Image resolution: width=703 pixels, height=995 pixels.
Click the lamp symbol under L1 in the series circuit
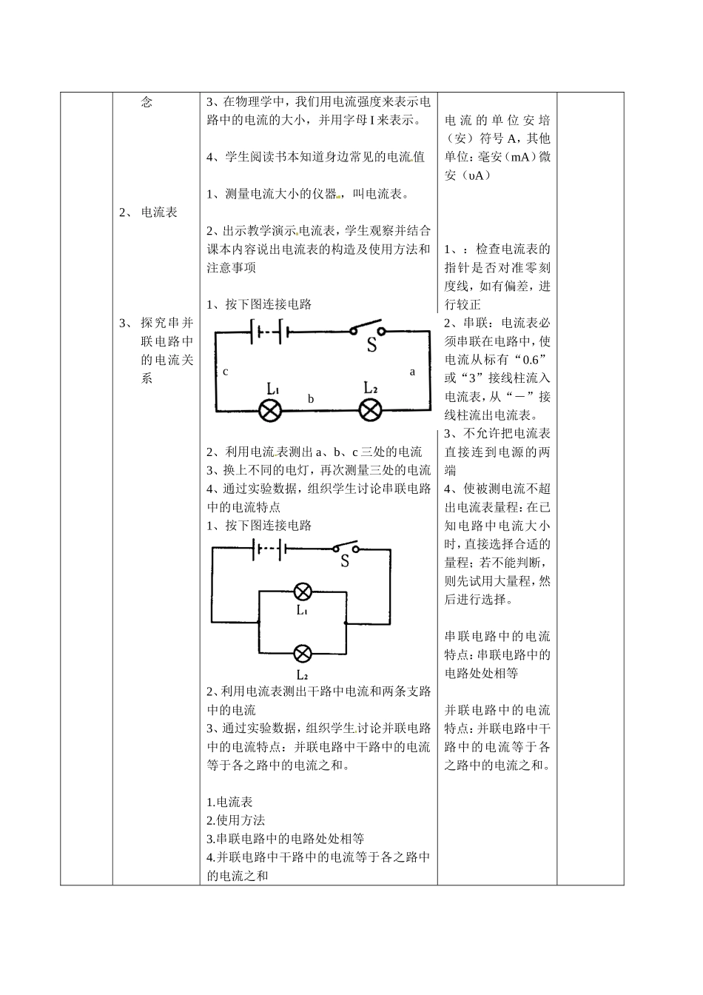coord(270,411)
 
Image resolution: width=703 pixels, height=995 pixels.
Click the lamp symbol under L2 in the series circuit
coord(370,411)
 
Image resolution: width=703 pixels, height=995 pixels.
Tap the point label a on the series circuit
coord(413,372)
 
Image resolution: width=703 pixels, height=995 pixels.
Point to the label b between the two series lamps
coord(311,399)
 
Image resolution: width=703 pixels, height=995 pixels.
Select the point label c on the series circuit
coord(226,372)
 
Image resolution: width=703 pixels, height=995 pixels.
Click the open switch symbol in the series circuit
coord(369,329)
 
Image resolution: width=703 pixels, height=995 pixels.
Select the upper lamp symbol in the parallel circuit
coord(303,591)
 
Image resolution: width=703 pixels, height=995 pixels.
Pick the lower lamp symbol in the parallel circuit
coord(303,654)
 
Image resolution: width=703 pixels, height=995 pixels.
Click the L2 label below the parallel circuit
coord(303,674)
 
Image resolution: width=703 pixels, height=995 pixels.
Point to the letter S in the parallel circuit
coord(345,562)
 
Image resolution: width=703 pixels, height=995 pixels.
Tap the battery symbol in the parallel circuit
coord(269,549)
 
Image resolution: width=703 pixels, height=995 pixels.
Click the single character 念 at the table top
coord(147,102)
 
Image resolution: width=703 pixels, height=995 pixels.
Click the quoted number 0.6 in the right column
coord(528,359)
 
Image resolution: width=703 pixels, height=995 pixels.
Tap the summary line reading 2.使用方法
coord(235,820)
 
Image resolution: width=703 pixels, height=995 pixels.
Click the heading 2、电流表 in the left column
coord(149,212)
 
